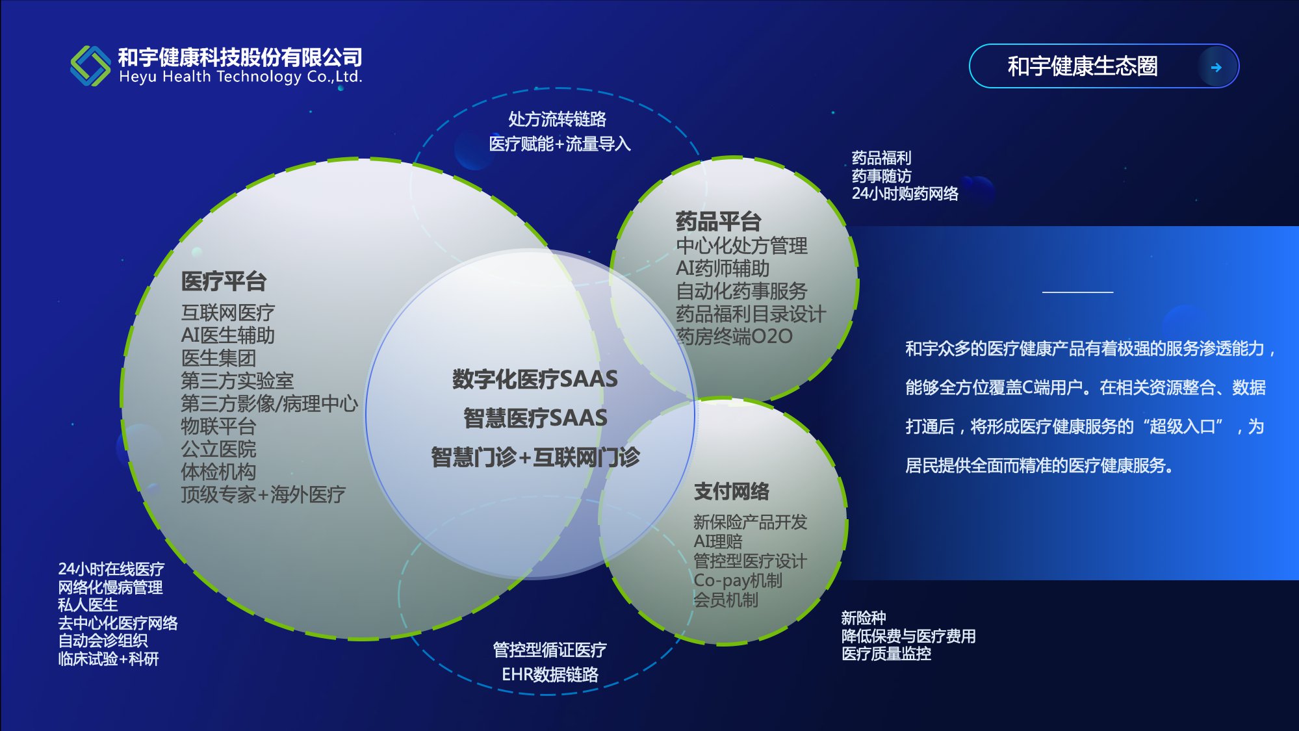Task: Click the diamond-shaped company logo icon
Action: point(90,66)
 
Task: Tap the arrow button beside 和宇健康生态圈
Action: point(1216,66)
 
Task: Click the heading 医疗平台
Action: point(224,281)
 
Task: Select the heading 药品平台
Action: point(718,221)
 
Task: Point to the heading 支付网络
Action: point(731,491)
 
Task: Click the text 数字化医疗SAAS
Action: point(535,379)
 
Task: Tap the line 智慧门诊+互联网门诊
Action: point(535,457)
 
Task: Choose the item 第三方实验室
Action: point(237,381)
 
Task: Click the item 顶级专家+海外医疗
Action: point(263,494)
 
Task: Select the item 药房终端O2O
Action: point(734,336)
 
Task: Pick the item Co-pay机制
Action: point(738,580)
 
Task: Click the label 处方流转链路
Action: point(557,119)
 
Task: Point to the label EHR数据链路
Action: point(550,674)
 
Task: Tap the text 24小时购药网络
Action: point(905,194)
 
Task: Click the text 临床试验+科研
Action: point(109,659)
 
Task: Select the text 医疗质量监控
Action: point(886,654)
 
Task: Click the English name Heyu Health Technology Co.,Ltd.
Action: point(240,77)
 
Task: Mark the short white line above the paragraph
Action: point(1077,292)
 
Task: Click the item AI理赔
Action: point(717,541)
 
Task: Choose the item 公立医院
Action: point(218,449)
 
